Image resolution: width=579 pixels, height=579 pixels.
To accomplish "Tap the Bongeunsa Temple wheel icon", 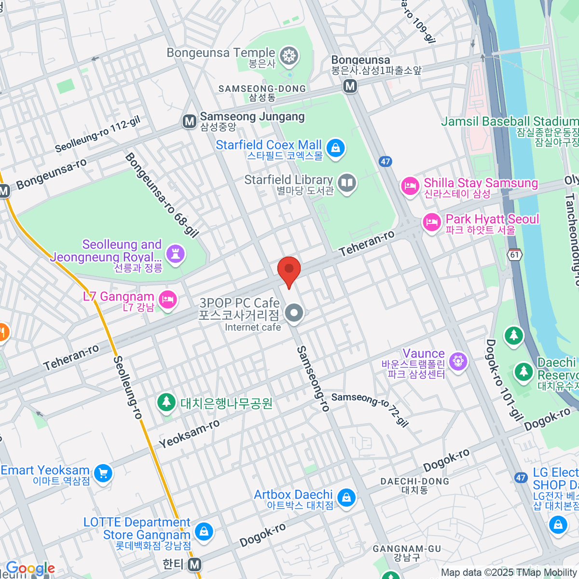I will click(x=289, y=55).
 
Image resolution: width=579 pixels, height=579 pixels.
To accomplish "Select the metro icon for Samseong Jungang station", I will click(x=190, y=121).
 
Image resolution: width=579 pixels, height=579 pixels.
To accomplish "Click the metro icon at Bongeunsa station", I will click(x=350, y=86).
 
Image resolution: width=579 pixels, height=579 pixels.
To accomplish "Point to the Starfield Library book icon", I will click(x=347, y=183).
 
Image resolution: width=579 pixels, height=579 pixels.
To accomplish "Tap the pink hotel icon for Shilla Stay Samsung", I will click(x=410, y=186).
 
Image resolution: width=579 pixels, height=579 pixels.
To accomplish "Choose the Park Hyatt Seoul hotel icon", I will click(x=432, y=222).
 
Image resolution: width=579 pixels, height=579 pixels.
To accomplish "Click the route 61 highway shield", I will click(x=515, y=254).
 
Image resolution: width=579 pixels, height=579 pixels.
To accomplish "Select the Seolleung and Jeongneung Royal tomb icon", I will click(x=175, y=252).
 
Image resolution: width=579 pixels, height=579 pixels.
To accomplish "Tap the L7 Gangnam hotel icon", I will click(x=167, y=300).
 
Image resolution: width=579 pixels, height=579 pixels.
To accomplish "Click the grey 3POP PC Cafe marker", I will click(x=293, y=314).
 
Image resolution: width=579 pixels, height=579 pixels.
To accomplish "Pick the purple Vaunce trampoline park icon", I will click(x=457, y=360).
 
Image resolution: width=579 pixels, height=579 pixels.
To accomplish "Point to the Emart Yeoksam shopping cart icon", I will click(x=103, y=473).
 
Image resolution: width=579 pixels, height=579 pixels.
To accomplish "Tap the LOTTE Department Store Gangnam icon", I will click(x=204, y=532).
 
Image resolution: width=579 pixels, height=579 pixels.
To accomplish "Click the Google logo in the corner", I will click(x=30, y=568).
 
